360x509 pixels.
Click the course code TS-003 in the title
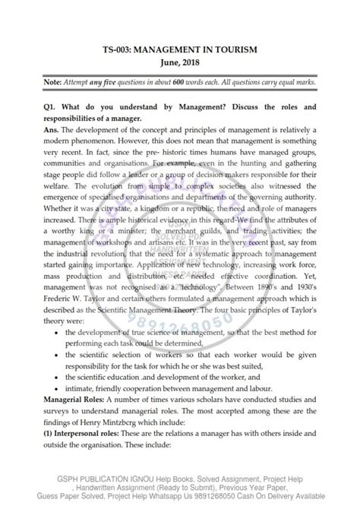(x=122, y=49)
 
